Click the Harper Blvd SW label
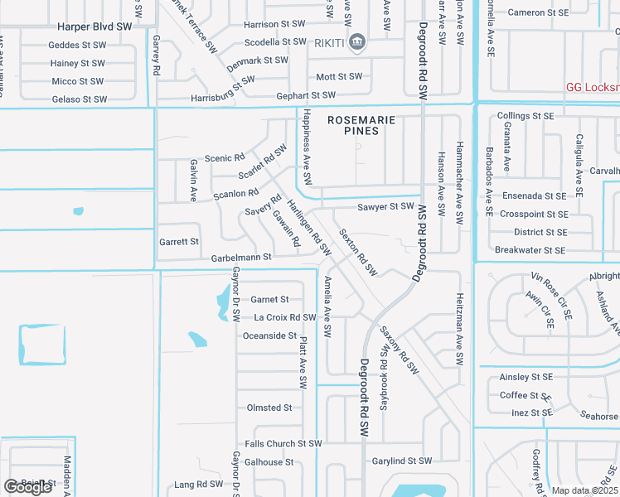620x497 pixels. click(x=90, y=27)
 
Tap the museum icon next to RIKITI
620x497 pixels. click(x=357, y=41)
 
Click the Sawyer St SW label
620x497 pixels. click(x=385, y=206)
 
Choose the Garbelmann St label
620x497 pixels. click(x=241, y=258)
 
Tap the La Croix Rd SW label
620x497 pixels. click(x=285, y=317)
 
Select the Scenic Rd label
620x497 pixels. click(x=225, y=157)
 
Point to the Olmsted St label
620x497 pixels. click(x=269, y=408)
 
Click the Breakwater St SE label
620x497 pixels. click(x=530, y=250)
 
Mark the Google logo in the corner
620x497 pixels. click(x=27, y=487)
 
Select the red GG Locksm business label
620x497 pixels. click(x=592, y=86)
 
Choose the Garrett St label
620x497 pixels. click(x=179, y=242)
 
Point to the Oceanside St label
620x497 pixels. click(x=269, y=335)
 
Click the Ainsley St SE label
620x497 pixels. click(x=526, y=377)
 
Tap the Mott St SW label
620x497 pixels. click(x=340, y=76)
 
